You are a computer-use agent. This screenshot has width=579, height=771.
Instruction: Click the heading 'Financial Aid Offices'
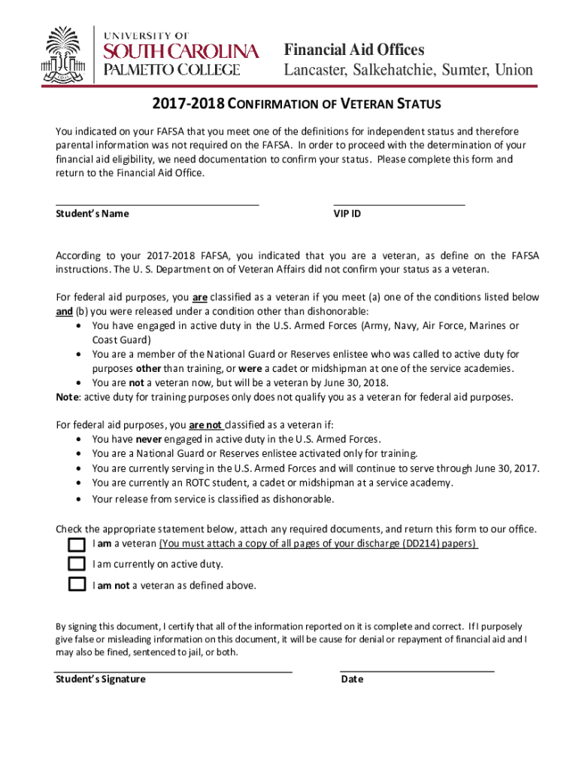[x=354, y=50]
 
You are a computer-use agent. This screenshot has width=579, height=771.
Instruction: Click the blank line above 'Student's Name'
[x=157, y=203]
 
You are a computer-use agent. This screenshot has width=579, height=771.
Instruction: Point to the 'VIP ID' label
[x=347, y=214]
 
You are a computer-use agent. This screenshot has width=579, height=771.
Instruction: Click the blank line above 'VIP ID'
[x=399, y=203]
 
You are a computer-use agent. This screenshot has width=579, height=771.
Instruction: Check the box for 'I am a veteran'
[x=76, y=544]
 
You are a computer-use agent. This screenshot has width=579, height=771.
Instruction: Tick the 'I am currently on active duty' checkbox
[x=76, y=564]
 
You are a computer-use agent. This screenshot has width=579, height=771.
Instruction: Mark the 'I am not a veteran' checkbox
[x=76, y=584]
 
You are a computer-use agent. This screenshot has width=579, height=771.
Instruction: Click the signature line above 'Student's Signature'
[x=173, y=669]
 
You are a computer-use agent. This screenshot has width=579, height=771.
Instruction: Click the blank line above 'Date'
[x=417, y=669]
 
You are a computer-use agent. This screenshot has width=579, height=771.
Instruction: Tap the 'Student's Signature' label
[x=101, y=679]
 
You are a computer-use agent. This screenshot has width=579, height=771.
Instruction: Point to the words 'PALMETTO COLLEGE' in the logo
[x=171, y=70]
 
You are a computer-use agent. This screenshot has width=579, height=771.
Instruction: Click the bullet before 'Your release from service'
[x=80, y=499]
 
